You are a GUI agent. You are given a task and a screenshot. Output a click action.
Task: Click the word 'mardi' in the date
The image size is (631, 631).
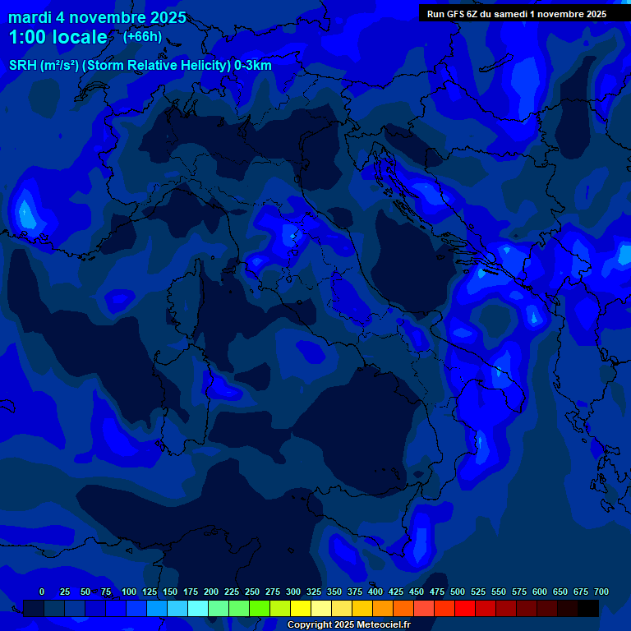pos(30,17)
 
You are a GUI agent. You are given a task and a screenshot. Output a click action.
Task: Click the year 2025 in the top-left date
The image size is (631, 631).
pos(165,17)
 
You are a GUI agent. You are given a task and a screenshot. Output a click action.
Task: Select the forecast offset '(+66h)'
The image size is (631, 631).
pos(142,36)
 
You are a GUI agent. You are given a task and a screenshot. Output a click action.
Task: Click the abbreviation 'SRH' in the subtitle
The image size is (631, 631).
pos(24,66)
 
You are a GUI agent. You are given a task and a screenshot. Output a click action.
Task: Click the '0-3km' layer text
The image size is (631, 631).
pos(253,66)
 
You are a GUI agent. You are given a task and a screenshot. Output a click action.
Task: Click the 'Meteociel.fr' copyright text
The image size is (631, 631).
pos(379,625)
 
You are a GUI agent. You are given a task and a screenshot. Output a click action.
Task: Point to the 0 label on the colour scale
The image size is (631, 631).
pos(42,592)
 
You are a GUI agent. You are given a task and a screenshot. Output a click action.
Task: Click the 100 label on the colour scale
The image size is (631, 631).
pos(129,592)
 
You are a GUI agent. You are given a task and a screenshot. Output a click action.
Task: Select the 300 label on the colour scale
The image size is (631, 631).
pos(293,592)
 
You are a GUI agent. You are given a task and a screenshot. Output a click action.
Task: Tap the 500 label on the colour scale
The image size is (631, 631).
pos(458,592)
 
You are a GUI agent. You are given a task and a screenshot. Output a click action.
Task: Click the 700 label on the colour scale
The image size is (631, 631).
pos(601,592)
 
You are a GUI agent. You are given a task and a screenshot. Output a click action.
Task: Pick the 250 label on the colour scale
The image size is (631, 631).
pos(252,592)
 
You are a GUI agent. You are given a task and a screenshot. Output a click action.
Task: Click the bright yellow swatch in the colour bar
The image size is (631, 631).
pos(301,608)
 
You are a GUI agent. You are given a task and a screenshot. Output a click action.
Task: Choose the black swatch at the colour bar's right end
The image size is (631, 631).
pos(588,608)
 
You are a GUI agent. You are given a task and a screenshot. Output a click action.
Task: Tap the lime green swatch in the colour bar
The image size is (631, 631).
pos(260,608)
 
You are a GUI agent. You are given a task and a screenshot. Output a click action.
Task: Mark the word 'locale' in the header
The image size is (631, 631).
pos(81,37)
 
